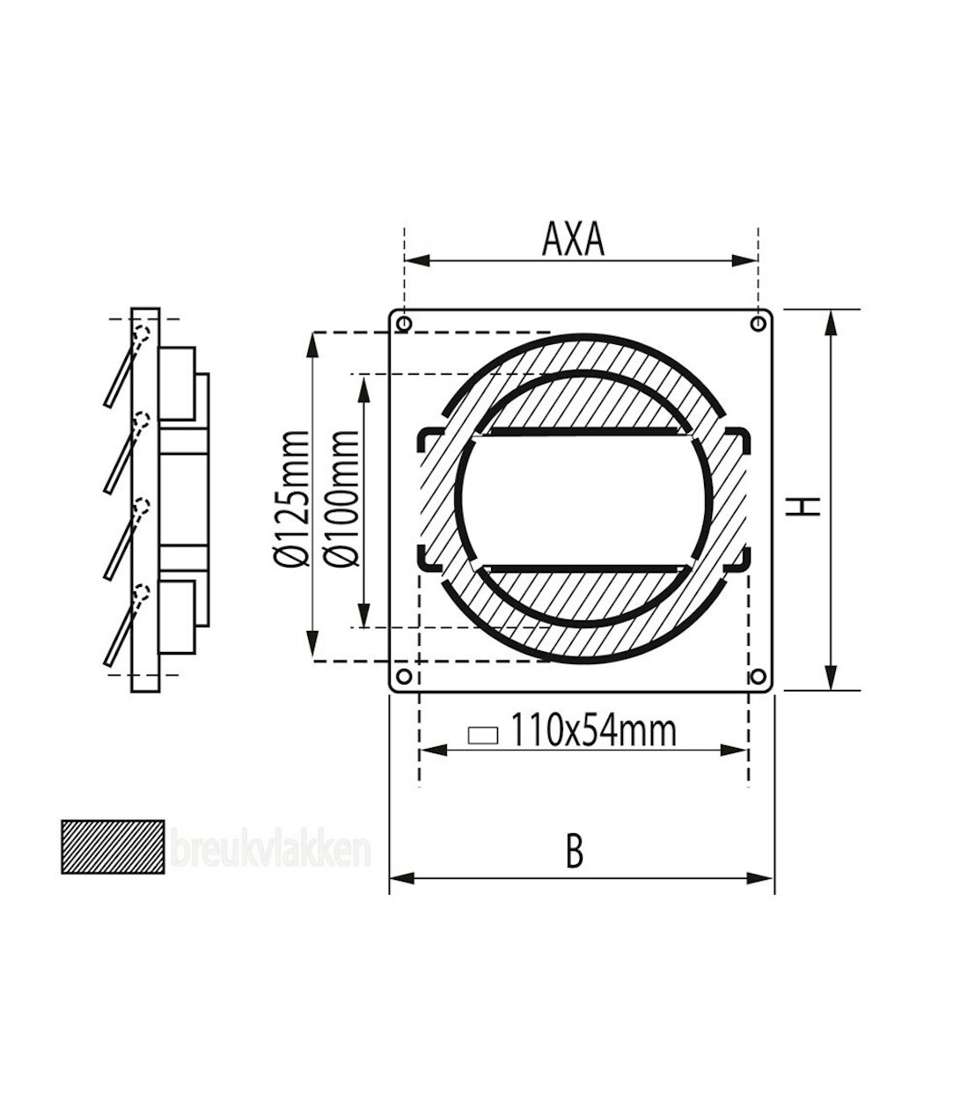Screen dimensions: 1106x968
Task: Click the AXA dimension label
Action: pos(574,239)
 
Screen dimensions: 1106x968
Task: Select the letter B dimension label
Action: pos(574,852)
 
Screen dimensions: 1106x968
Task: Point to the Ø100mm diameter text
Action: pos(343,498)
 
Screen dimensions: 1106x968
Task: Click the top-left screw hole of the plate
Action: pos(404,324)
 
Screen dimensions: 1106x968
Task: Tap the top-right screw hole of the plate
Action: pos(757,324)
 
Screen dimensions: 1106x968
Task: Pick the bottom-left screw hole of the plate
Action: pos(404,677)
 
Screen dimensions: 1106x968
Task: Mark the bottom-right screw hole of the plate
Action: pos(757,677)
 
